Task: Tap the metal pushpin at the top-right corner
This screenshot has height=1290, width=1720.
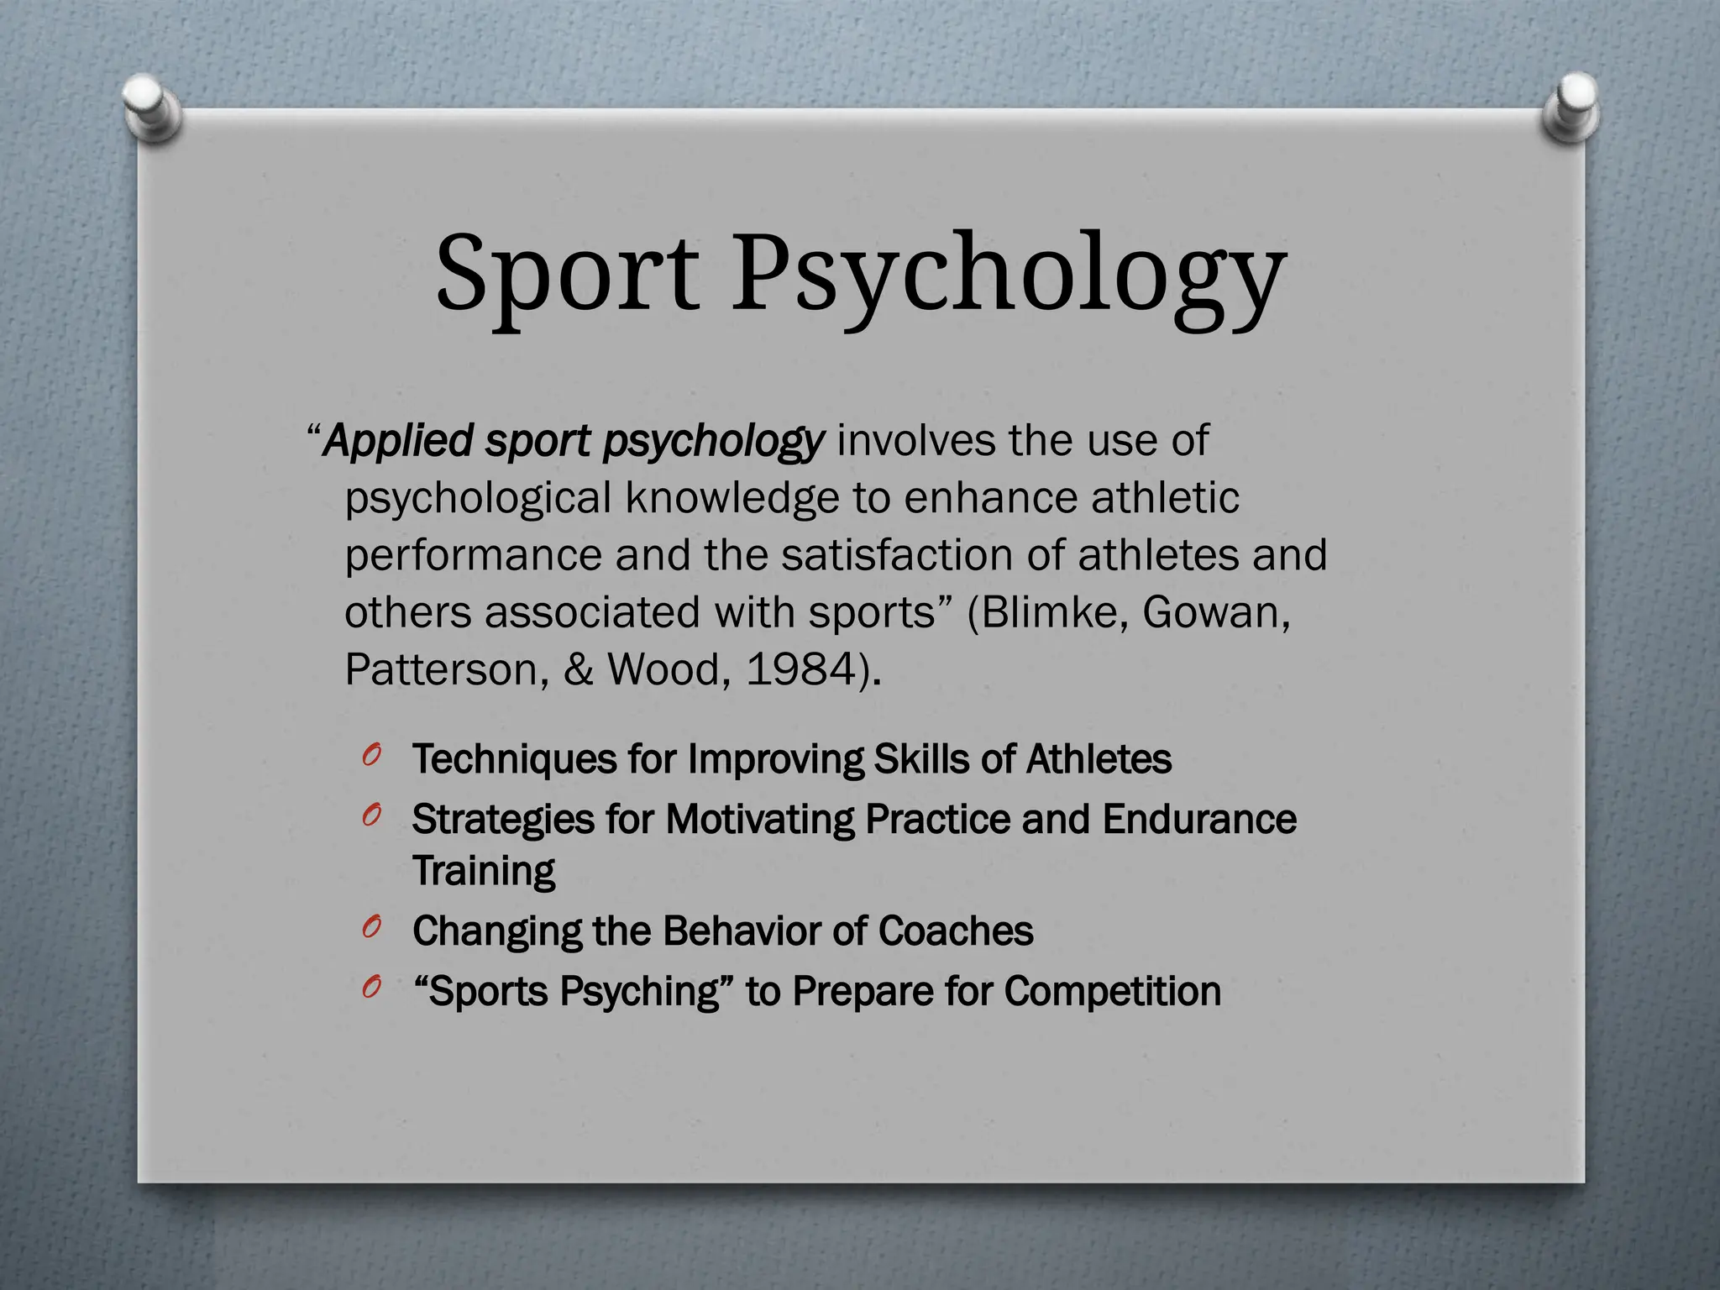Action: tap(1571, 109)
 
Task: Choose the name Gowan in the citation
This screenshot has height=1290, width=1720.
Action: tap(1214, 612)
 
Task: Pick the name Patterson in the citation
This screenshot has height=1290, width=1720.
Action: tap(446, 669)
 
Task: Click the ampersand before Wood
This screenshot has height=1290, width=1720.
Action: tap(578, 669)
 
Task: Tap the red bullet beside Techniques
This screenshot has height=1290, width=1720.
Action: tap(372, 755)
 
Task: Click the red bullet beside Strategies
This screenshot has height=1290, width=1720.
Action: tap(372, 815)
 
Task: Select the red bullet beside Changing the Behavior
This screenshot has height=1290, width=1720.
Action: tap(372, 927)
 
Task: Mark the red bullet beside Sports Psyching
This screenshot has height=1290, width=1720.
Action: tap(372, 988)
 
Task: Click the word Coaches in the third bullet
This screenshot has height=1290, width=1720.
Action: tap(955, 931)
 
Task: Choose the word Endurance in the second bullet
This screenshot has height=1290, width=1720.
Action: tap(1199, 819)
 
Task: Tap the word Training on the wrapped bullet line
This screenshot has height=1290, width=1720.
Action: tap(484, 871)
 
